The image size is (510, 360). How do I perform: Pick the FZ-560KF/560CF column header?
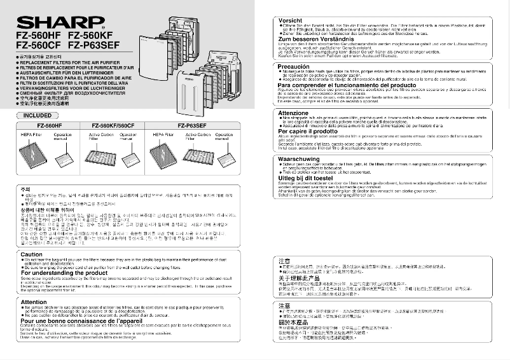pyautogui.click(x=112, y=126)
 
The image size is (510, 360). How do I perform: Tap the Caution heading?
pyautogui.click(x=31, y=254)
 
